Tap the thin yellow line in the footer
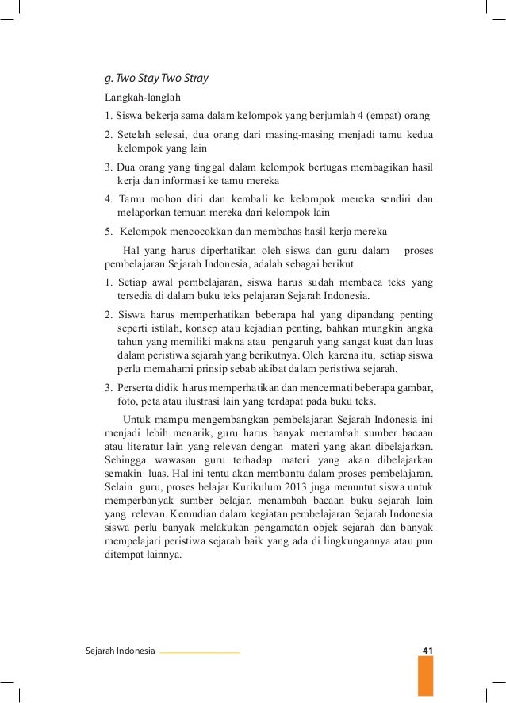pos(199,652)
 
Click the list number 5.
pos(108,232)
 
